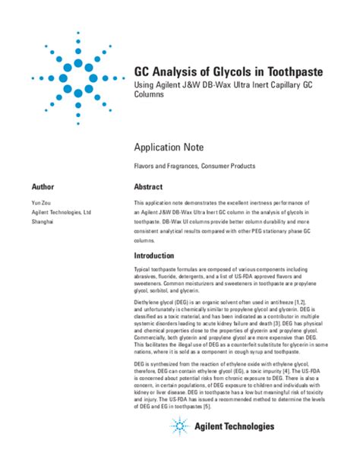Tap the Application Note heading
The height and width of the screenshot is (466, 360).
pyautogui.click(x=174, y=145)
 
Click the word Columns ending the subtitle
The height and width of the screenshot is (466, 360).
pyautogui.click(x=151, y=98)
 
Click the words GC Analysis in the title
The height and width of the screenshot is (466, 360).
pyautogui.click(x=163, y=71)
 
